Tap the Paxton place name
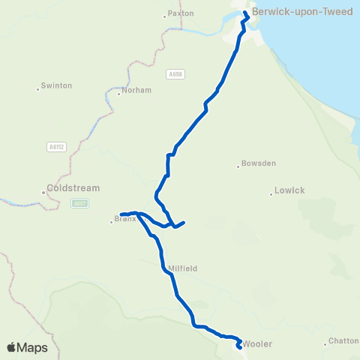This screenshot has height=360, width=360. pyautogui.click(x=181, y=13)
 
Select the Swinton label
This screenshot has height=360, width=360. pyautogui.click(x=57, y=85)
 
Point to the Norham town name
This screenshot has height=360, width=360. pyautogui.click(x=139, y=90)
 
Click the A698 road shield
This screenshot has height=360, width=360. pyautogui.click(x=175, y=73)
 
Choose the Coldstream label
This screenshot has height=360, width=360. pyautogui.click(x=73, y=188)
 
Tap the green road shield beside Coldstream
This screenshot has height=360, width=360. pyautogui.click(x=79, y=202)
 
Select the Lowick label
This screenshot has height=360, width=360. pyautogui.click(x=289, y=190)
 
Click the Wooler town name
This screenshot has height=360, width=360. pyautogui.click(x=257, y=344)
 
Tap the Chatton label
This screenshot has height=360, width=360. pyautogui.click(x=344, y=340)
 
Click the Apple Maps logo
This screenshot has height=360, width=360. pyautogui.click(x=27, y=347)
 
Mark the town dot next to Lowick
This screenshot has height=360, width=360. pyautogui.click(x=271, y=194)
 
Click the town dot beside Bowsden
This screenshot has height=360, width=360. pyautogui.click(x=238, y=166)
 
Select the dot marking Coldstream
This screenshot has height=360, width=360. pyautogui.click(x=43, y=192)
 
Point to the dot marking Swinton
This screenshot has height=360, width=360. pyautogui.click(x=37, y=89)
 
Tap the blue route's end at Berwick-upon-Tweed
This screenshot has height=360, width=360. pyautogui.click(x=245, y=13)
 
